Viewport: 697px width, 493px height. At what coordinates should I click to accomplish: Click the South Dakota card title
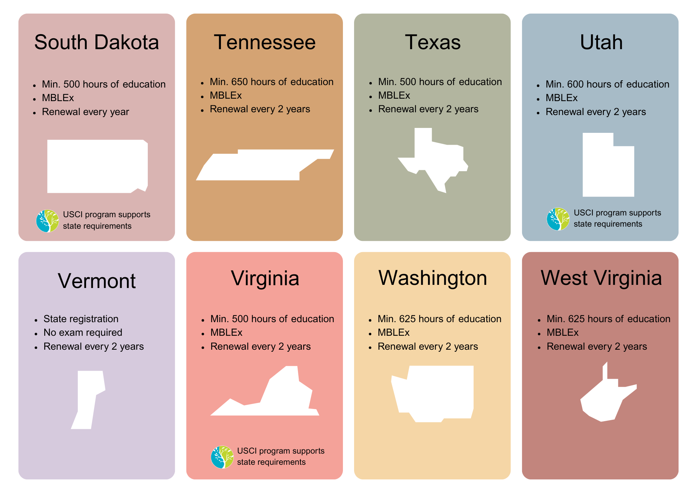[97, 43]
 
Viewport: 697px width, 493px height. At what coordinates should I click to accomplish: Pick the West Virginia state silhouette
[603, 401]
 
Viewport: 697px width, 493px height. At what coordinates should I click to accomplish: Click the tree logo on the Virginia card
[222, 457]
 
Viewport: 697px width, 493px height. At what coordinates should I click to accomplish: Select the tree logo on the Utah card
[558, 219]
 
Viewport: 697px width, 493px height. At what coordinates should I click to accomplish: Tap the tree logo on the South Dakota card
[47, 221]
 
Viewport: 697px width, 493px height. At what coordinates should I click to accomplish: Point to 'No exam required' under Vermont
[83, 333]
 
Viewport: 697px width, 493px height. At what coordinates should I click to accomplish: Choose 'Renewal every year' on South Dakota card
[85, 112]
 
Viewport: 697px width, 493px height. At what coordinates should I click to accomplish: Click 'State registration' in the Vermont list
[81, 319]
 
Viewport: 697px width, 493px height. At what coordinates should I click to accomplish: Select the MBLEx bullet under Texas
[394, 96]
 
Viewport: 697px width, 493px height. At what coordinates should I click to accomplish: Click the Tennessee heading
[265, 43]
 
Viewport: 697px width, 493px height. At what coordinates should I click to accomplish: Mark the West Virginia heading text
[601, 278]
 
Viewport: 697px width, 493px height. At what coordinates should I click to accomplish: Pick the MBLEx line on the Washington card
[393, 333]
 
